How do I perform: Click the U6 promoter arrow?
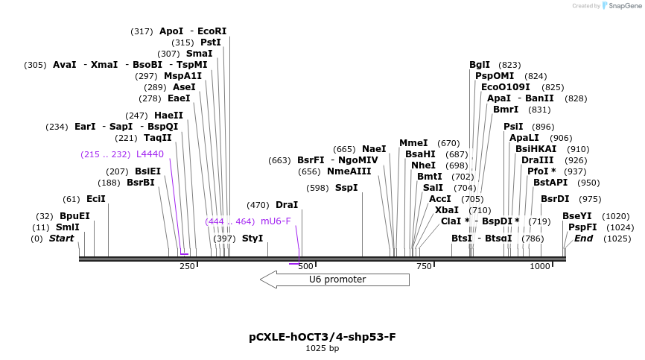pyautogui.click(x=334, y=280)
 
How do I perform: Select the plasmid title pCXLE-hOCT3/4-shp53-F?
pyautogui.click(x=322, y=337)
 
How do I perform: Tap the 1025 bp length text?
pyautogui.click(x=322, y=348)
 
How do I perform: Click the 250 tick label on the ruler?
pyautogui.click(x=187, y=266)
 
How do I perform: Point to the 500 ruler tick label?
pyautogui.click(x=305, y=266)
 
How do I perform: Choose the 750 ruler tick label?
pyautogui.click(x=424, y=266)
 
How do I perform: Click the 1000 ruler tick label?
pyautogui.click(x=540, y=266)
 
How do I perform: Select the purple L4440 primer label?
pyautogui.click(x=150, y=154)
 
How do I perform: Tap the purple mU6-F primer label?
pyautogui.click(x=276, y=221)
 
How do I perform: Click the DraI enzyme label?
pyautogui.click(x=287, y=205)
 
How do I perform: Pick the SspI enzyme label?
pyautogui.click(x=346, y=188)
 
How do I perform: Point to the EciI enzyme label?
pyautogui.click(x=96, y=199)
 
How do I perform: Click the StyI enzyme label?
pyautogui.click(x=252, y=239)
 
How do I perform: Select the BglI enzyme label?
pyautogui.click(x=480, y=65)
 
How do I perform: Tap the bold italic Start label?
pyautogui.click(x=62, y=239)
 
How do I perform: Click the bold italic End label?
pyautogui.click(x=583, y=239)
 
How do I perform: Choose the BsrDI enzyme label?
pyautogui.click(x=555, y=199)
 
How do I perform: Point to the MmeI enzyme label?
pyautogui.click(x=413, y=143)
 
